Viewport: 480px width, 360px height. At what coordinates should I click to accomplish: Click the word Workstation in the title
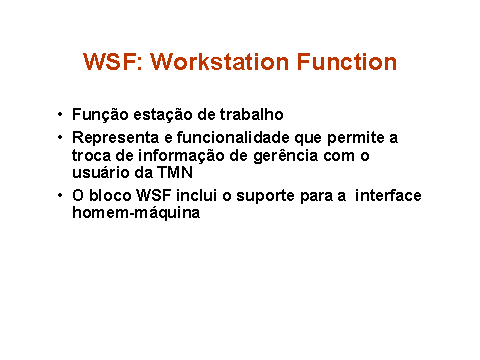pyautogui.click(x=220, y=62)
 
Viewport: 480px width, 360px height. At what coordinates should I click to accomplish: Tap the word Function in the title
pyautogui.click(x=347, y=62)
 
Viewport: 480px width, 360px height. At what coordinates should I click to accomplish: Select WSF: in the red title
pyautogui.click(x=113, y=62)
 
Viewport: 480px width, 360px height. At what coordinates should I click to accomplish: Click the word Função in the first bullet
pyautogui.click(x=100, y=115)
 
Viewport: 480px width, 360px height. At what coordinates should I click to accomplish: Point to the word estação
pyautogui.click(x=163, y=115)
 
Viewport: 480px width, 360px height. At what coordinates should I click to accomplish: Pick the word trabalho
pyautogui.click(x=252, y=114)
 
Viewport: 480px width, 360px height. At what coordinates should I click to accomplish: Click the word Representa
pyautogui.click(x=116, y=138)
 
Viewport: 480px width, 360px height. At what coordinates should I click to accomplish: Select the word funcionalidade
pyautogui.click(x=233, y=137)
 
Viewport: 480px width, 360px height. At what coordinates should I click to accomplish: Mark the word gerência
pyautogui.click(x=286, y=156)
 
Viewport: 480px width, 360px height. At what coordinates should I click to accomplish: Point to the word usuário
pyautogui.click(x=101, y=172)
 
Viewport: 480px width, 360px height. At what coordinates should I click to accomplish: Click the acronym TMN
pyautogui.click(x=175, y=172)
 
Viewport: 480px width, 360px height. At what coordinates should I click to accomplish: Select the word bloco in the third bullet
pyautogui.click(x=110, y=195)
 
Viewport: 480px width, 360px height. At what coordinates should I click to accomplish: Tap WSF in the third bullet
pyautogui.click(x=154, y=195)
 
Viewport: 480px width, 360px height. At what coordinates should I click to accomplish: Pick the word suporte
pyautogui.click(x=265, y=196)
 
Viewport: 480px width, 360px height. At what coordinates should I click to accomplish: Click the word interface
pyautogui.click(x=388, y=195)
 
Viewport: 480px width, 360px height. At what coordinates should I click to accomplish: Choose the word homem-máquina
pyautogui.click(x=136, y=213)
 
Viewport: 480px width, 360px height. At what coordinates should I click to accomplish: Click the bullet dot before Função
pyautogui.click(x=60, y=114)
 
